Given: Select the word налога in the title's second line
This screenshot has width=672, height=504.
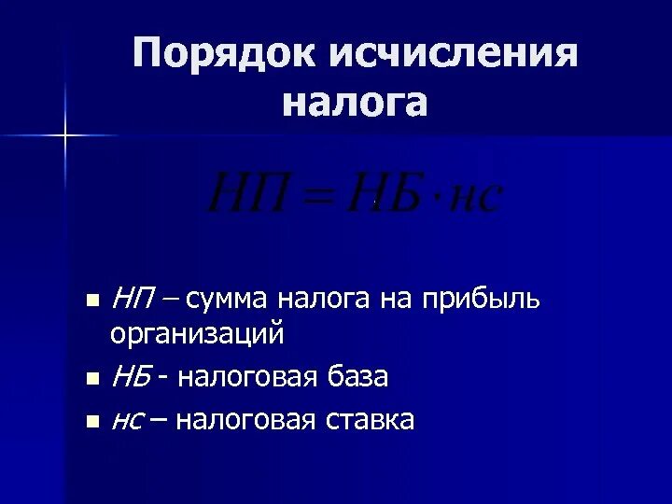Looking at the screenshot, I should click(355, 102).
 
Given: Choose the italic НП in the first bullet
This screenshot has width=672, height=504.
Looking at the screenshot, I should click(134, 299).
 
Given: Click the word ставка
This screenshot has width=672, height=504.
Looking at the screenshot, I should click(370, 420).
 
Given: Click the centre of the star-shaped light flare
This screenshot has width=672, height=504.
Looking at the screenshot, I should click(64, 136).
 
